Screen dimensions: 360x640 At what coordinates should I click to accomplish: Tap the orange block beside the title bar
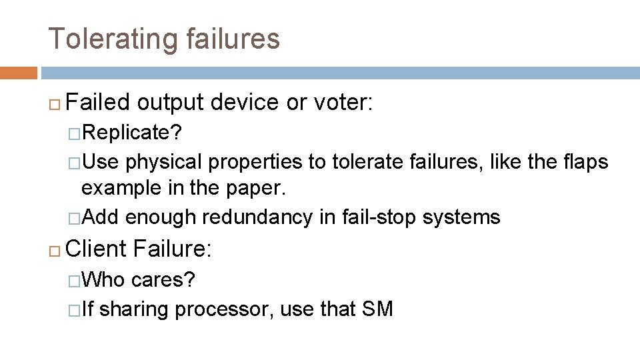tap(19, 73)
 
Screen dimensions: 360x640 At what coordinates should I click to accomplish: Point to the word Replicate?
tap(132, 133)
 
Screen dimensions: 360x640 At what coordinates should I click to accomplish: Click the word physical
tap(165, 161)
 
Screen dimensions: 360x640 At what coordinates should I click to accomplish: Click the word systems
tap(467, 217)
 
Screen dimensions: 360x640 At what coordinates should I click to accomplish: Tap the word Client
tap(97, 249)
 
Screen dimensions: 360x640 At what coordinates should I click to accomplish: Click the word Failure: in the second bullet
tap(172, 249)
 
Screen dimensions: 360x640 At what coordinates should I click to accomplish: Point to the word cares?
tap(163, 279)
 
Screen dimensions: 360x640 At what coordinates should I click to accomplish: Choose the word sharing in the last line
tap(133, 309)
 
